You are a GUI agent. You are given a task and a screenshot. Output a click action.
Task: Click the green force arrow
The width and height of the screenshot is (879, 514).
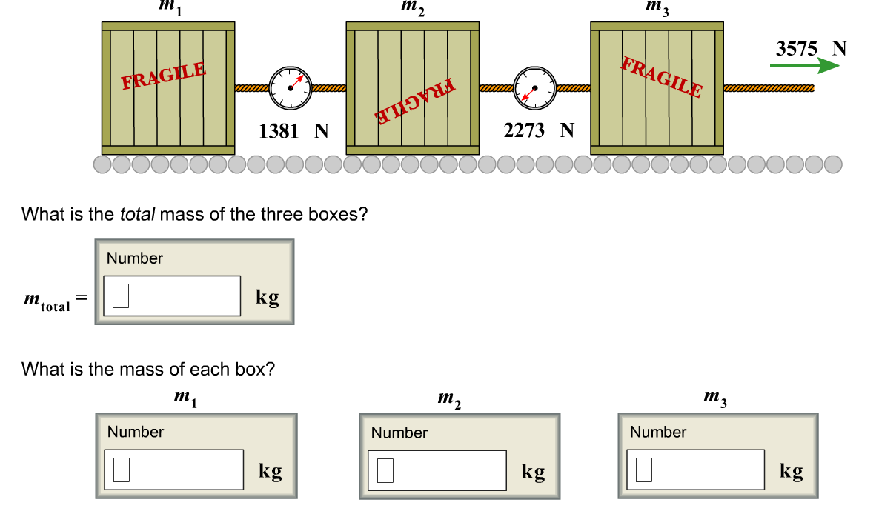pyautogui.click(x=804, y=65)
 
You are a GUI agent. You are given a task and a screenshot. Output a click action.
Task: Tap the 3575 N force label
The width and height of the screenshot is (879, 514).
pyautogui.click(x=811, y=49)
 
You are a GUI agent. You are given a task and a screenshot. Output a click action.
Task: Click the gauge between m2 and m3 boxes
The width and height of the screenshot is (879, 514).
pyautogui.click(x=535, y=88)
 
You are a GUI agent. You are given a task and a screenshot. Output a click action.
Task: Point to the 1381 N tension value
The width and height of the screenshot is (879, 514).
pyautogui.click(x=293, y=131)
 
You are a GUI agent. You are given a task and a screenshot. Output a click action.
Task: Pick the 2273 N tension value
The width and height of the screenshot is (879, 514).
pyautogui.click(x=539, y=130)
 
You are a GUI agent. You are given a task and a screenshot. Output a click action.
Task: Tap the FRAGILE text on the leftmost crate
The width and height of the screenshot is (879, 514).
pyautogui.click(x=164, y=76)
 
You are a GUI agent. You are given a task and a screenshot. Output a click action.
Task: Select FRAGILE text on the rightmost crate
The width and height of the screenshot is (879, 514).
pyautogui.click(x=662, y=77)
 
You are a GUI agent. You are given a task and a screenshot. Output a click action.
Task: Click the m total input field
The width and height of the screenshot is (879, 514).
pyautogui.click(x=172, y=296)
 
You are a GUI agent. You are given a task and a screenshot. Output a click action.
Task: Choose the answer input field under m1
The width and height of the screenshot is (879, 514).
pyautogui.click(x=173, y=470)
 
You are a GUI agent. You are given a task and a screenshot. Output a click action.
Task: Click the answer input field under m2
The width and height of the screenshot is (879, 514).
pyautogui.click(x=437, y=470)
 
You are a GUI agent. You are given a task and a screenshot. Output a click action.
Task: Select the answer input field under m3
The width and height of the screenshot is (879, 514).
pyautogui.click(x=696, y=470)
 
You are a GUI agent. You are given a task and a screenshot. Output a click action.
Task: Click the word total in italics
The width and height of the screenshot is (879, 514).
pyautogui.click(x=137, y=215)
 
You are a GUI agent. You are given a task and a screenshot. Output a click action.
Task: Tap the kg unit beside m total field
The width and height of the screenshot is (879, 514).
pyautogui.click(x=268, y=297)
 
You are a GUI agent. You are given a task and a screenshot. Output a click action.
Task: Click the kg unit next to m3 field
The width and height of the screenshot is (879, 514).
pyautogui.click(x=792, y=472)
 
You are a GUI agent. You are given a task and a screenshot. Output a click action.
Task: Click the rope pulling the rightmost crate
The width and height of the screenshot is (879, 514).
pyautogui.click(x=769, y=88)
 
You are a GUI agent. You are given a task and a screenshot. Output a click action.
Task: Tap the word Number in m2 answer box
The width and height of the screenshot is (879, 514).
pyautogui.click(x=399, y=433)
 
